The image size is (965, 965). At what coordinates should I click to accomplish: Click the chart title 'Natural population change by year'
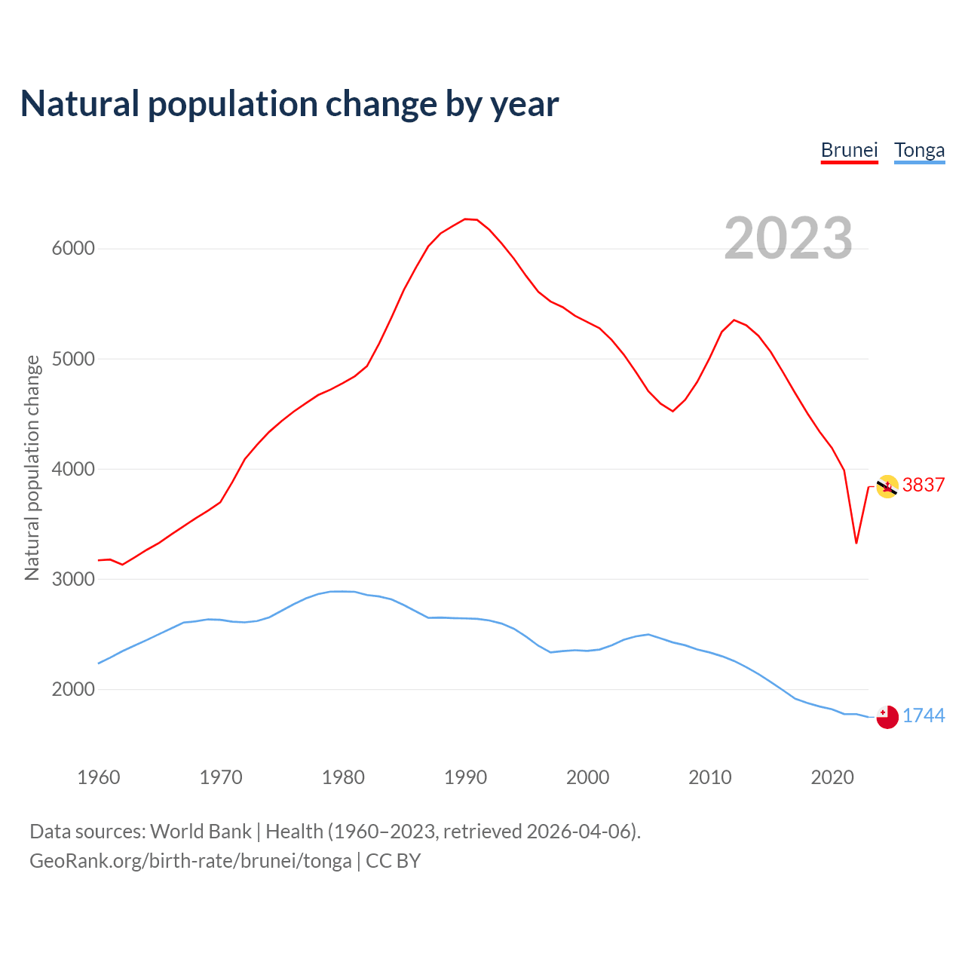(x=289, y=104)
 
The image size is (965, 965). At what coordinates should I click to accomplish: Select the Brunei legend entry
(x=849, y=150)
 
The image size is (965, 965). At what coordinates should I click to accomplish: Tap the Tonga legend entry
(x=919, y=150)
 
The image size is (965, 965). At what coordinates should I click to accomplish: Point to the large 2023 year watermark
(x=788, y=238)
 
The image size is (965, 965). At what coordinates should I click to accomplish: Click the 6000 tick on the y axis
(x=73, y=249)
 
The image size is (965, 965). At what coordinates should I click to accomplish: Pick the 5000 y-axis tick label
(x=73, y=359)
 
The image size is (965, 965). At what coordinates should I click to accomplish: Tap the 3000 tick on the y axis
(x=73, y=579)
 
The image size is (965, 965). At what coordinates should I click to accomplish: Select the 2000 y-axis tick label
(x=73, y=689)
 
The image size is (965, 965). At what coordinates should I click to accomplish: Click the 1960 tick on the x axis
(x=99, y=777)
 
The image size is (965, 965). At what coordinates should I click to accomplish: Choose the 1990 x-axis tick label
(x=465, y=777)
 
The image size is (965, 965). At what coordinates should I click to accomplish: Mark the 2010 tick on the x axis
(x=709, y=777)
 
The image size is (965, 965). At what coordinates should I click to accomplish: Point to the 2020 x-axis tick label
(x=832, y=777)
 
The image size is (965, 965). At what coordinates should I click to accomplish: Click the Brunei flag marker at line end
(x=887, y=486)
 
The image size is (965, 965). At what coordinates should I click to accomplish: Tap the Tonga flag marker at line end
(x=887, y=717)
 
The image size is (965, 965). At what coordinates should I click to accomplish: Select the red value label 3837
(x=924, y=485)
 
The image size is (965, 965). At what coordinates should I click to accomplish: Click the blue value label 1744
(x=924, y=715)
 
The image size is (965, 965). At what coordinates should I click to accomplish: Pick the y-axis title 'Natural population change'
(x=32, y=467)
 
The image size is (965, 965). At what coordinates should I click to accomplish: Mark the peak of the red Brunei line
(x=466, y=219)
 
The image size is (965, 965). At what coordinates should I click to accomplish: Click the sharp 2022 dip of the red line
(x=856, y=542)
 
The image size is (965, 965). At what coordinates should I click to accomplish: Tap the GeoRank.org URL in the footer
(x=191, y=861)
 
